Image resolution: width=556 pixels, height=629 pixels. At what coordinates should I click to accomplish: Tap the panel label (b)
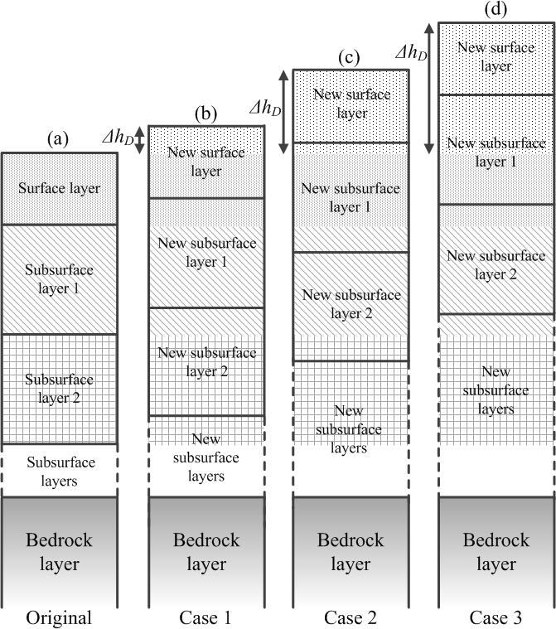(205, 114)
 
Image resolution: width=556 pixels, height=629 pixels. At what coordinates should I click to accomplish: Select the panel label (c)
(351, 57)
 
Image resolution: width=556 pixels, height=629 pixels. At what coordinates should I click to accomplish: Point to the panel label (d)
(496, 10)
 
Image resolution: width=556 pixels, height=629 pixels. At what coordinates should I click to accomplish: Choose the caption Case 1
(205, 617)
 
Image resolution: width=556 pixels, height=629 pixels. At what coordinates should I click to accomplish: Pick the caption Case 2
(351, 617)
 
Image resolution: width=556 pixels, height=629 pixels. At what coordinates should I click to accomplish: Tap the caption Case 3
(496, 617)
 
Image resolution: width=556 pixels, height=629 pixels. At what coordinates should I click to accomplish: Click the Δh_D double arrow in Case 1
(139, 139)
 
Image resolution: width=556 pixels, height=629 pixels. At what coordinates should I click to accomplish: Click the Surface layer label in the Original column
(59, 189)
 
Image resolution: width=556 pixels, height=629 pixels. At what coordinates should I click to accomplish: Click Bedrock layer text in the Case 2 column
(351, 551)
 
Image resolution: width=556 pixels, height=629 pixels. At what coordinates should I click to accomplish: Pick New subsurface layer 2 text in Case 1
(205, 361)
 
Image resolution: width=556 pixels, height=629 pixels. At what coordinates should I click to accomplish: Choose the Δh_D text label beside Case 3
(411, 53)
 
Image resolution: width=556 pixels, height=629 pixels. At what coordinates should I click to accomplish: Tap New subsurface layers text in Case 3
(496, 390)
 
